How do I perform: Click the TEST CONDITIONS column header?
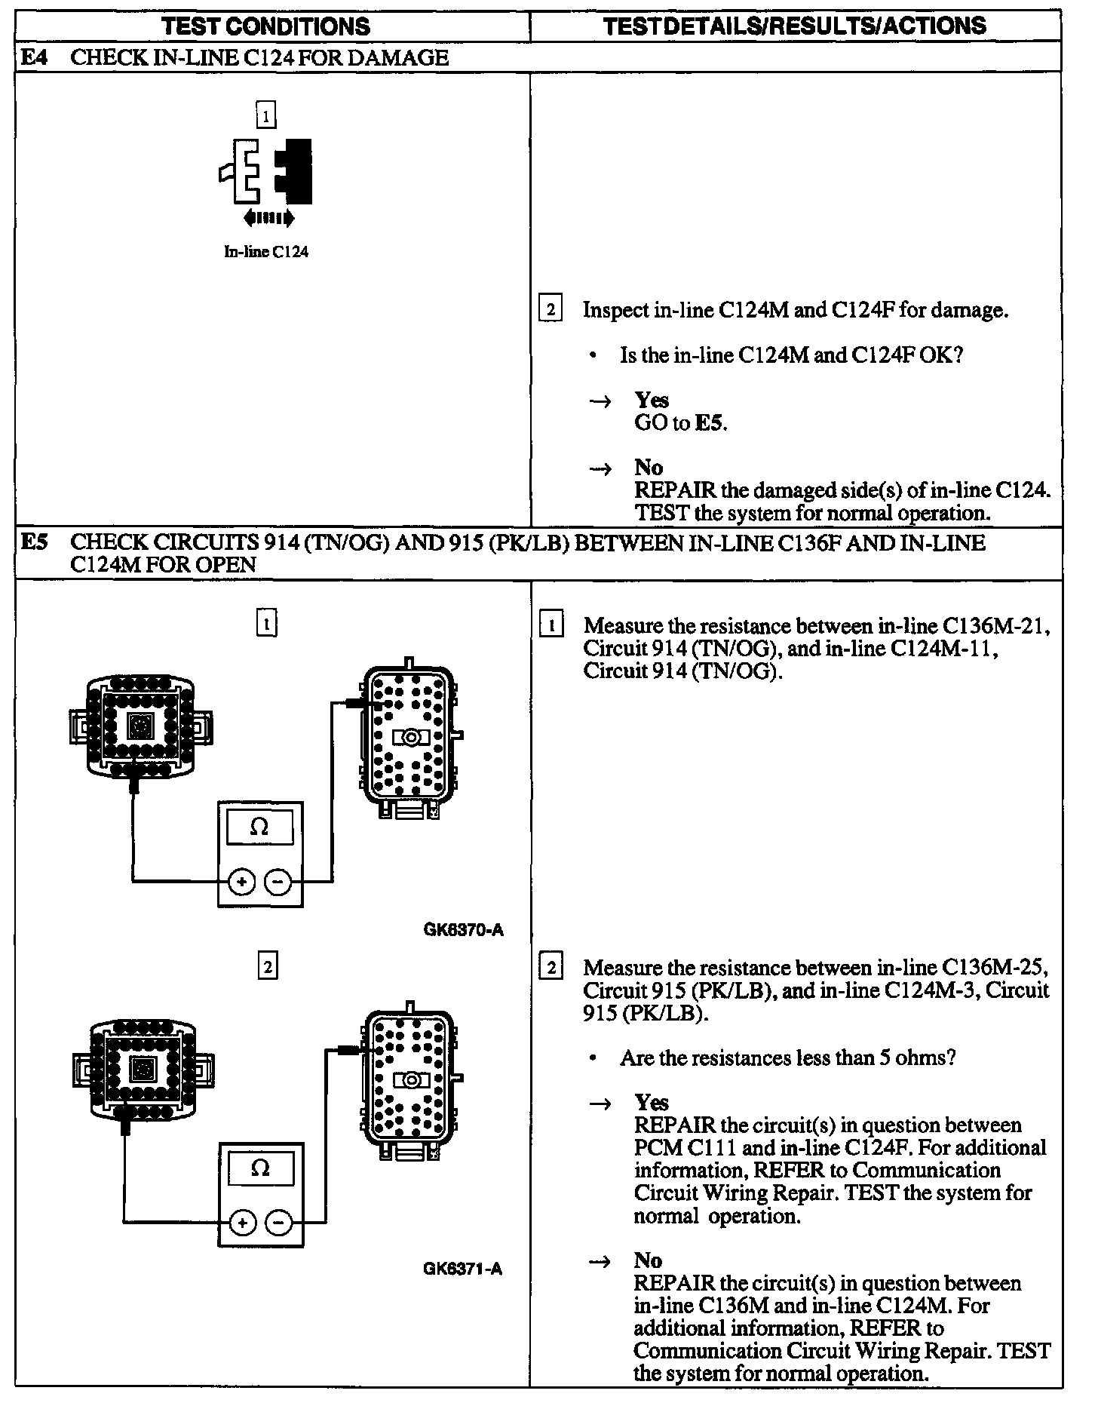[x=266, y=26]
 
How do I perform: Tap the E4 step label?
[x=32, y=57]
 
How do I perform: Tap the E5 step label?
[x=32, y=542]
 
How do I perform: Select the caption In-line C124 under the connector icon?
[x=266, y=252]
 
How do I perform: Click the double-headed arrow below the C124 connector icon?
[x=269, y=219]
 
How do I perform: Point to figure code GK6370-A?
[x=463, y=930]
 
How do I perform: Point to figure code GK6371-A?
[x=462, y=1269]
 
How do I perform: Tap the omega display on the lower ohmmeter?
[x=260, y=1168]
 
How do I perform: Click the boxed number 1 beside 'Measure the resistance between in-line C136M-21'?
[x=553, y=625]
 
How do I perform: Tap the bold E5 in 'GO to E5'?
[x=710, y=422]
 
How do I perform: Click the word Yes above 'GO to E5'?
[x=652, y=400]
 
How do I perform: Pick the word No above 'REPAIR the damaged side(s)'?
[x=649, y=468]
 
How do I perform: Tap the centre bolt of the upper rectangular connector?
[x=411, y=737]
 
